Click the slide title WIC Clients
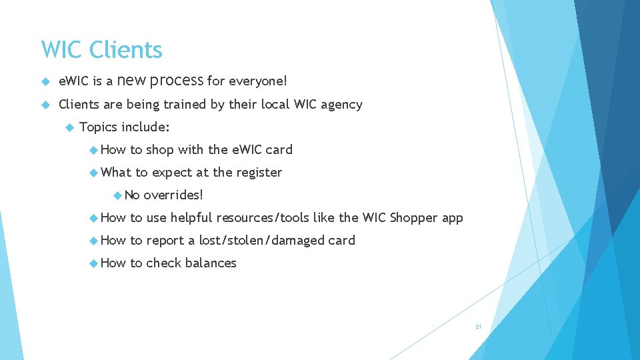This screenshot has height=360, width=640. [x=101, y=50]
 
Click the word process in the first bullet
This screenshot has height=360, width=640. [x=177, y=81]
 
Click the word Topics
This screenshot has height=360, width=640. [x=98, y=127]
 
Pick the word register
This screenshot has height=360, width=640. [x=257, y=173]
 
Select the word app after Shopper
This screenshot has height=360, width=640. [x=452, y=219]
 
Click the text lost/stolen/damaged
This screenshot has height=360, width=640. [x=262, y=241]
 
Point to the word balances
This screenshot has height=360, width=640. [x=211, y=263]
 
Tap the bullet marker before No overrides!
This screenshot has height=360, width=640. [x=117, y=195]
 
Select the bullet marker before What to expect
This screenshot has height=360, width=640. [x=93, y=173]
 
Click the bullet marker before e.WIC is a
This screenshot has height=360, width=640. [x=45, y=81]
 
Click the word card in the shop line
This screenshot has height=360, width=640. [x=279, y=150]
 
